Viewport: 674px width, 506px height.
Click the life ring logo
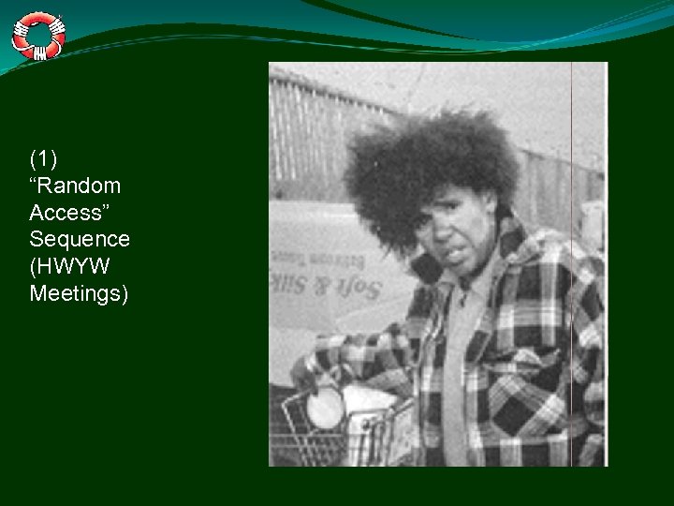tap(38, 35)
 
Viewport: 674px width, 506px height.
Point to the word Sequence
tap(80, 240)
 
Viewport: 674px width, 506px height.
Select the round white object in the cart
tap(325, 408)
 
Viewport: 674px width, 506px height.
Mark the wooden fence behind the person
tap(318, 131)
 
